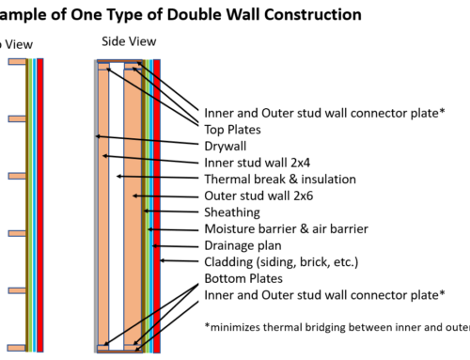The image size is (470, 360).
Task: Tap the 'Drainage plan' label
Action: (243, 245)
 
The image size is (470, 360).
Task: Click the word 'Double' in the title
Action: (162, 14)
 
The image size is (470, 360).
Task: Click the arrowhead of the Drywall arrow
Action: (98, 137)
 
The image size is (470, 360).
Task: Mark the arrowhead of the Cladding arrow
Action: (162, 260)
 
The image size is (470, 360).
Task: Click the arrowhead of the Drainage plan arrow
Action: (154, 243)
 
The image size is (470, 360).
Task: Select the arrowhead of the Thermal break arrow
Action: (116, 176)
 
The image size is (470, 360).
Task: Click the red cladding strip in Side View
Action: (157, 207)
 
